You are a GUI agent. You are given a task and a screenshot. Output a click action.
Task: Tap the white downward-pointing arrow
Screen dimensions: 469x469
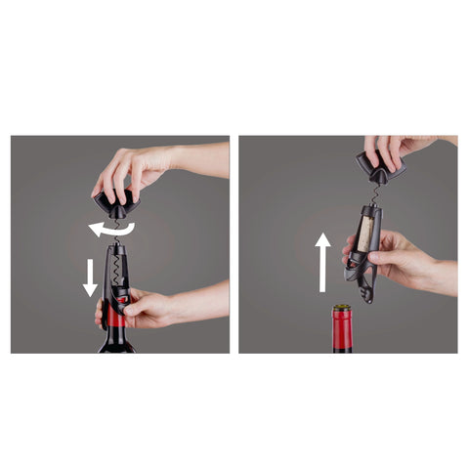pyautogui.click(x=90, y=276)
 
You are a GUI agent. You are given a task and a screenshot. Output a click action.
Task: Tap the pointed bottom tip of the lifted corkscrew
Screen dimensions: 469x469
pyautogui.click(x=369, y=299)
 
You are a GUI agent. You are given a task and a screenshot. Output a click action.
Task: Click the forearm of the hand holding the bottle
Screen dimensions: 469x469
pyautogui.click(x=205, y=298)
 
